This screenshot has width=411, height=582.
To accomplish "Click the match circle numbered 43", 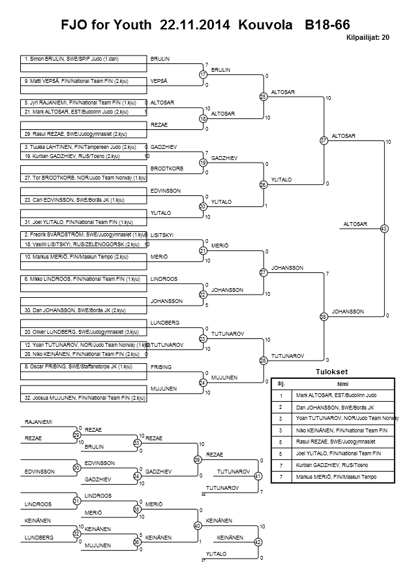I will coord(384,229).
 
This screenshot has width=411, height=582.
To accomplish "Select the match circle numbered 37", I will coord(324,140).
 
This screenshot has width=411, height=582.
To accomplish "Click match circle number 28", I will coord(264,360).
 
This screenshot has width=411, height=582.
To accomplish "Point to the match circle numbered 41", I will coord(258,476).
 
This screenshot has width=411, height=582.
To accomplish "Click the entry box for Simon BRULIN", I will coord(83,59).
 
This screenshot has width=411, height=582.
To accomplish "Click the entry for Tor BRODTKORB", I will coord(83,178).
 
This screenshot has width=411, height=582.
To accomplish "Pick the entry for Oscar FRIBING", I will coord(83,367).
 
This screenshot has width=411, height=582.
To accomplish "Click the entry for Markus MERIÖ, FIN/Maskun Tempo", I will coord(83,257).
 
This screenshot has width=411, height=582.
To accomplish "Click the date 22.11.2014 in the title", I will coord(190,25).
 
